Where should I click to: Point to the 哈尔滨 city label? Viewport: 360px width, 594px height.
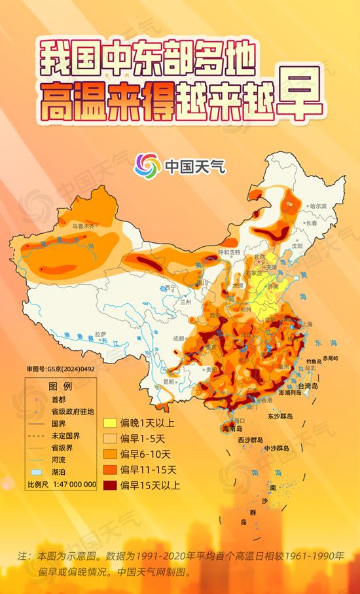(318, 206)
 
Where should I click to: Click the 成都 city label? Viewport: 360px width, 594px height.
(179, 339)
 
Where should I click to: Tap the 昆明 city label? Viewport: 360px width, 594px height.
(170, 381)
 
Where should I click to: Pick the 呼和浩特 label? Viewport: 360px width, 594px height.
(229, 252)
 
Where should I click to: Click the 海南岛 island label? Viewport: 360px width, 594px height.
(234, 428)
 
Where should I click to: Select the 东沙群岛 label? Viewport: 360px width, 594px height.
(279, 416)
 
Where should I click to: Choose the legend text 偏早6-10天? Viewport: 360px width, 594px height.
(146, 454)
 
